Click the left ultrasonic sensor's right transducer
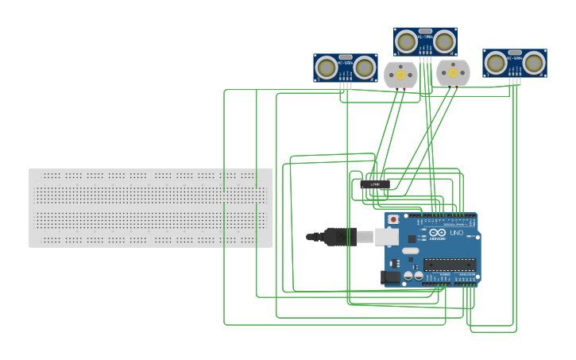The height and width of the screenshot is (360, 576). pos(365,68)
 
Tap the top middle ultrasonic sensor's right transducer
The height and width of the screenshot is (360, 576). pos(445,41)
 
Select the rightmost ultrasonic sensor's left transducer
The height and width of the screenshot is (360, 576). pos(496,63)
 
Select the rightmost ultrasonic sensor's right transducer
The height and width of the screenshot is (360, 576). pos(534,63)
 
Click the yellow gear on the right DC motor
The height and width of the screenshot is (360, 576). pos(453,73)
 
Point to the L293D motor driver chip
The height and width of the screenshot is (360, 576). pos(375,184)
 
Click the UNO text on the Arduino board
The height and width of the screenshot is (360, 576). pos(457,233)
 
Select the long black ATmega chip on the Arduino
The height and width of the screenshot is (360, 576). pos(449,265)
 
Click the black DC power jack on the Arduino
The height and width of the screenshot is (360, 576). pos(390,277)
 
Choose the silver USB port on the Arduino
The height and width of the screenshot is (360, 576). pos(387,236)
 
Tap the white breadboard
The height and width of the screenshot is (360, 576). pos(150,208)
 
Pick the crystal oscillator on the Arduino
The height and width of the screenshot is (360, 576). pos(410,251)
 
